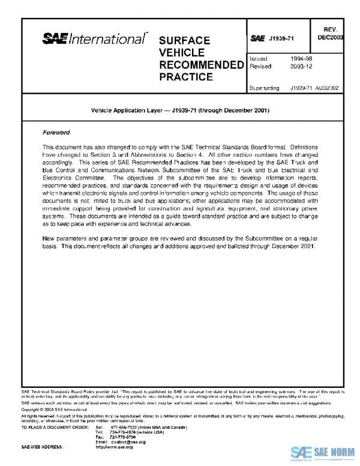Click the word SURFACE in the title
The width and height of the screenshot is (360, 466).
[184, 41]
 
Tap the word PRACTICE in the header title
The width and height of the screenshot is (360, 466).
[186, 77]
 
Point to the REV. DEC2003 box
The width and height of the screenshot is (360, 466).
[331, 33]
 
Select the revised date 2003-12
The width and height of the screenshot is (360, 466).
[300, 67]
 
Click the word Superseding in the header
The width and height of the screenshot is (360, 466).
[264, 88]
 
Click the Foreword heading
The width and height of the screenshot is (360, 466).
[56, 132]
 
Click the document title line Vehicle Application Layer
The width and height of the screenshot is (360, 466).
[179, 111]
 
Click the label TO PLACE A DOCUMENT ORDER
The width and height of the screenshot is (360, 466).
[53, 427]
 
